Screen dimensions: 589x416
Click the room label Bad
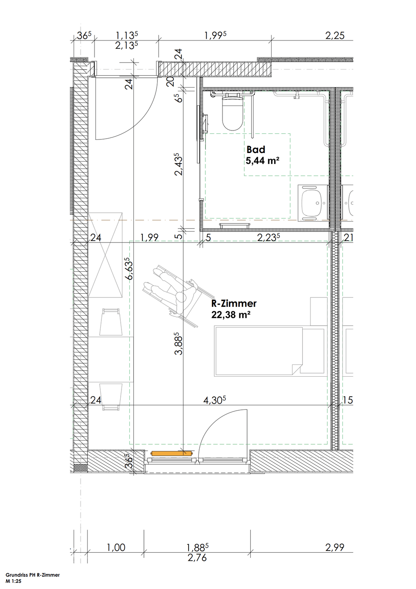click(x=256, y=150)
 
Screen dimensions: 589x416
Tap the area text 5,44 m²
click(x=262, y=161)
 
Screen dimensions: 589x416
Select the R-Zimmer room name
click(x=234, y=303)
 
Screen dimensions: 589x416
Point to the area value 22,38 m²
click(x=231, y=315)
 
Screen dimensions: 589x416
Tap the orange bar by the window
click(x=171, y=453)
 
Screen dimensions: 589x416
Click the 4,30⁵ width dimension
click(x=215, y=400)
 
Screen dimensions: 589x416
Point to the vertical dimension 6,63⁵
click(x=130, y=269)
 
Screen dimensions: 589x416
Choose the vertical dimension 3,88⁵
click(x=178, y=343)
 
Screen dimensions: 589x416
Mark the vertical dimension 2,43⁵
click(x=178, y=164)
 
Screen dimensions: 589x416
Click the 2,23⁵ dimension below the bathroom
click(x=268, y=237)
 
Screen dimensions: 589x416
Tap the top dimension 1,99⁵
click(x=215, y=36)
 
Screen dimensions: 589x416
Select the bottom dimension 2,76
click(x=197, y=558)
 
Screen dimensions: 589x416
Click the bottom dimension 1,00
click(x=116, y=547)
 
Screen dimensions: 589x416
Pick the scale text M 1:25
click(x=13, y=581)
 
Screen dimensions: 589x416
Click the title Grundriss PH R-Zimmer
click(x=33, y=575)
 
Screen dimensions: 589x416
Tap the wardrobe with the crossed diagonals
click(x=106, y=255)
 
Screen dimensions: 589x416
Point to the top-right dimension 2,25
click(x=335, y=36)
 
